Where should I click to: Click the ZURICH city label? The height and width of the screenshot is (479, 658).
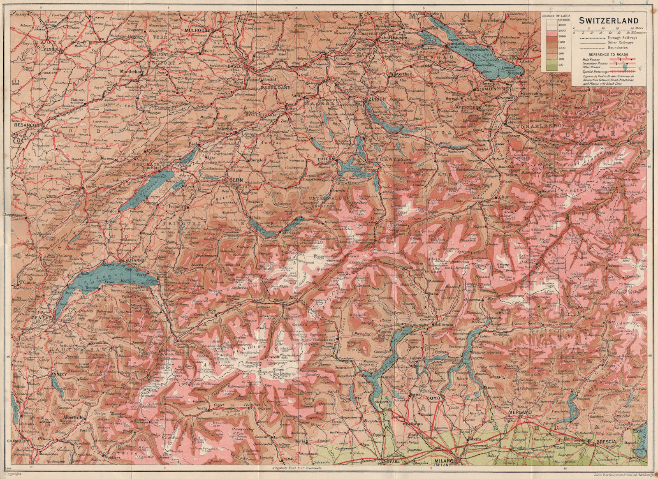[377, 100]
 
